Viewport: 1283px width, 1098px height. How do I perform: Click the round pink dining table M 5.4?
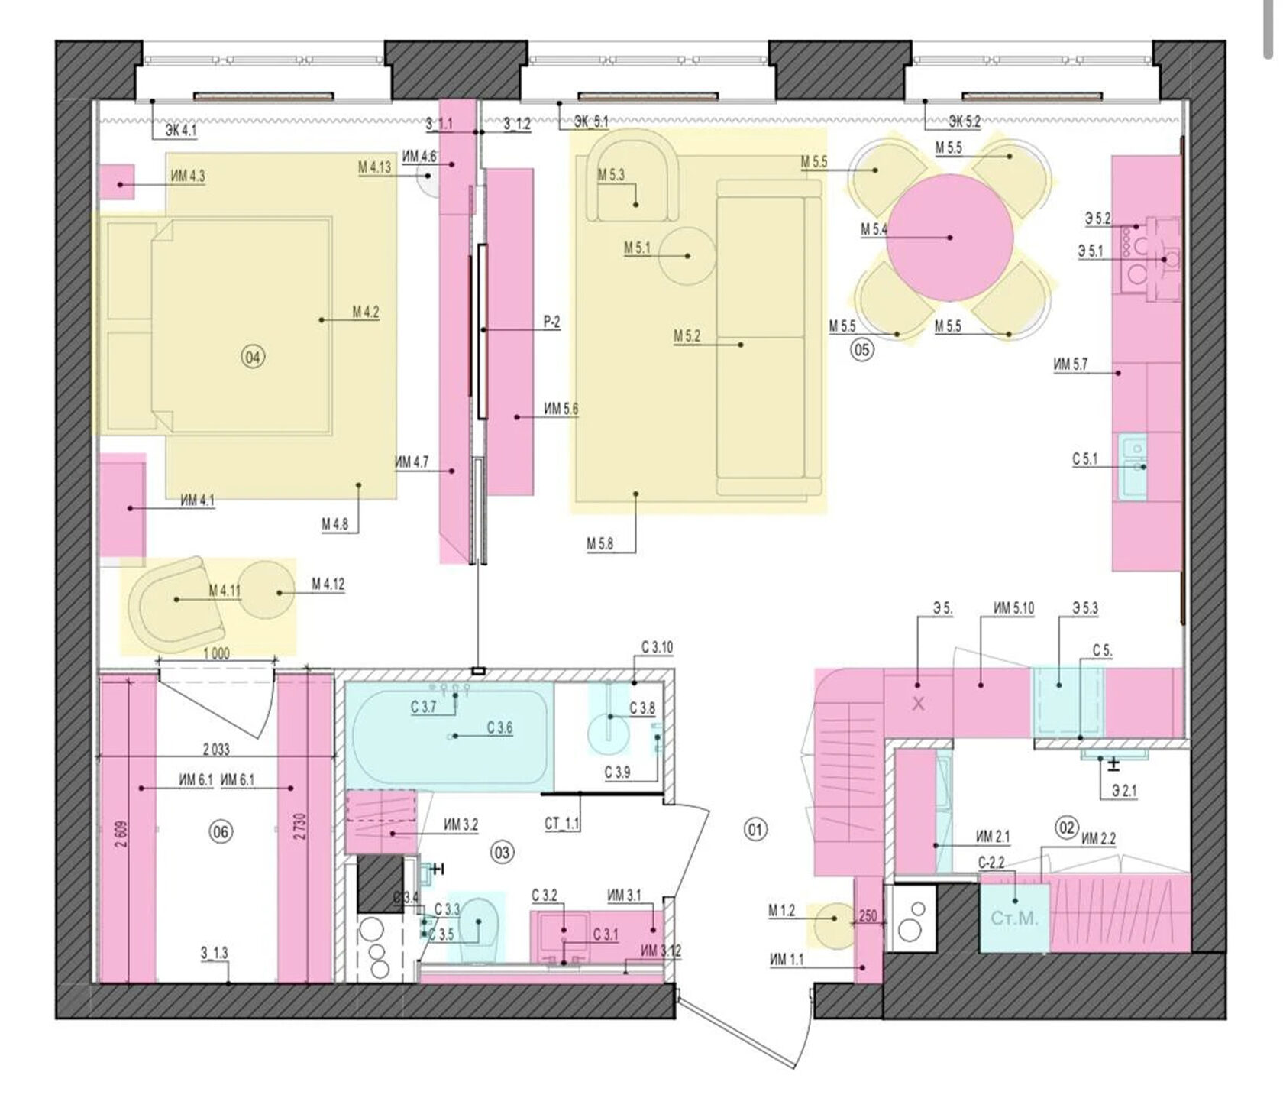950,238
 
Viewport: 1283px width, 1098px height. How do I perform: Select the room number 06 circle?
220,832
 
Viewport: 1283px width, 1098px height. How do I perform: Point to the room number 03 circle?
502,852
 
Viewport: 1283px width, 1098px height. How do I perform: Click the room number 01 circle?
755,829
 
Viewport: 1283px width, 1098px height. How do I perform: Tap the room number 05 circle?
861,351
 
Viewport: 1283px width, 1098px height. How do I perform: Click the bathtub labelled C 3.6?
449,737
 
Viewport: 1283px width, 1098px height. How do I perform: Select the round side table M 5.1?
687,256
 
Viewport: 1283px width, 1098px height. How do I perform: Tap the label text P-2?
551,322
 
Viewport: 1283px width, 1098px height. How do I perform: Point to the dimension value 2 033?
216,750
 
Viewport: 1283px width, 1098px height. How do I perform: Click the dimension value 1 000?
217,654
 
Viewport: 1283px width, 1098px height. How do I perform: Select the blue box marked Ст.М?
1014,917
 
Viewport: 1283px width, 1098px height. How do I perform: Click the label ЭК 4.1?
180,131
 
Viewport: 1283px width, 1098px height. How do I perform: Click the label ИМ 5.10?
1013,608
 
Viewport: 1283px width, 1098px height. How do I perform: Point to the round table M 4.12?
267,592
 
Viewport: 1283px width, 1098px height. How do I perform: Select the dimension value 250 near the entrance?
868,916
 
